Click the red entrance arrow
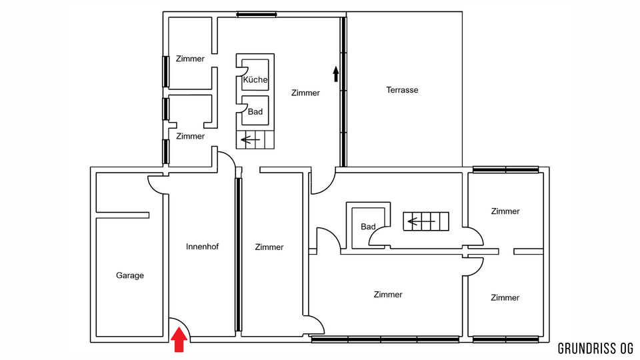tap(179, 341)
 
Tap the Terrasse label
tap(402, 90)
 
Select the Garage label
tap(130, 275)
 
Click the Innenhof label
tap(202, 247)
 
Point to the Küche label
tap(255, 79)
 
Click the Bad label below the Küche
tap(255, 111)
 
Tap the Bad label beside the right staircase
tap(368, 227)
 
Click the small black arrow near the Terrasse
tap(336, 74)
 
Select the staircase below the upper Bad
tap(255, 139)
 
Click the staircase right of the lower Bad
tap(426, 221)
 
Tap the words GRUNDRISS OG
tap(595, 349)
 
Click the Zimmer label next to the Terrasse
tap(305, 93)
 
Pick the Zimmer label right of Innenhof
tap(269, 247)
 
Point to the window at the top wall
tap(256, 15)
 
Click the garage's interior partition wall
tap(123, 215)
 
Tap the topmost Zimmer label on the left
tap(190, 59)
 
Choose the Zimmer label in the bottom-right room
tap(505, 297)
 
